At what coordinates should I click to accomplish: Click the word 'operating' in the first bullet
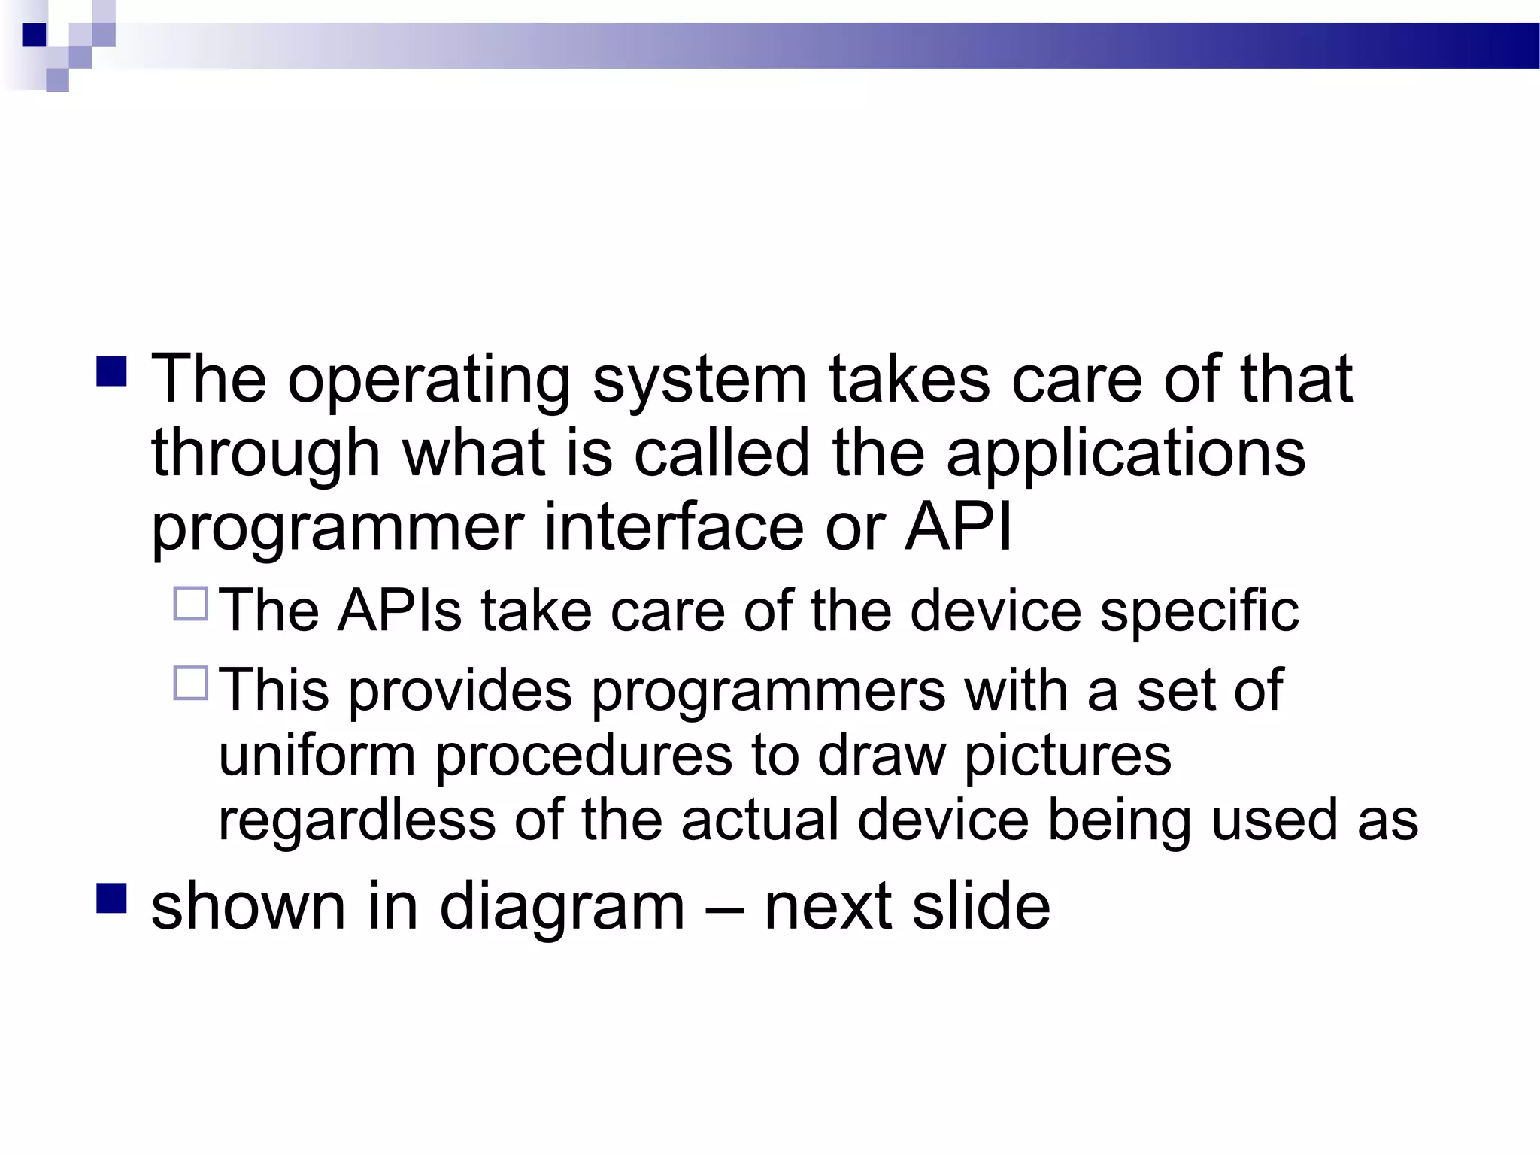tap(429, 381)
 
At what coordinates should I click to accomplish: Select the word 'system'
tap(699, 381)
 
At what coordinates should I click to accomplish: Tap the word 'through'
tap(265, 454)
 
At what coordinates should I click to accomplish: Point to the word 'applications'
tap(1126, 454)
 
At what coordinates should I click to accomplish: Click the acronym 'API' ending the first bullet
tap(959, 526)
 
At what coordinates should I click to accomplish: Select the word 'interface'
tap(674, 526)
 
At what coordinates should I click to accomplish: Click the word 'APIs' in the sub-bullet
tap(399, 610)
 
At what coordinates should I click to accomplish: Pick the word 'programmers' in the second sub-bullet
tap(768, 690)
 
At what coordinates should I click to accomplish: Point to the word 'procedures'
tap(584, 755)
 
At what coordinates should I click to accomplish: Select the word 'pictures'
tap(1068, 755)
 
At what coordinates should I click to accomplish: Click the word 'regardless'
tap(356, 820)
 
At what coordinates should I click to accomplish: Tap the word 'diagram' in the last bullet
tap(562, 908)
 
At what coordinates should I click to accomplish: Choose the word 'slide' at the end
tap(981, 906)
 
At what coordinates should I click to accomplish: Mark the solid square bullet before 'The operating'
tap(111, 371)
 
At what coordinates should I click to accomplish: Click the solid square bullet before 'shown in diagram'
tap(111, 899)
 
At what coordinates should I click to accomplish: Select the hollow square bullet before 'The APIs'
tap(191, 603)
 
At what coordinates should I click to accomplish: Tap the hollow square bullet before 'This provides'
tap(191, 683)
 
